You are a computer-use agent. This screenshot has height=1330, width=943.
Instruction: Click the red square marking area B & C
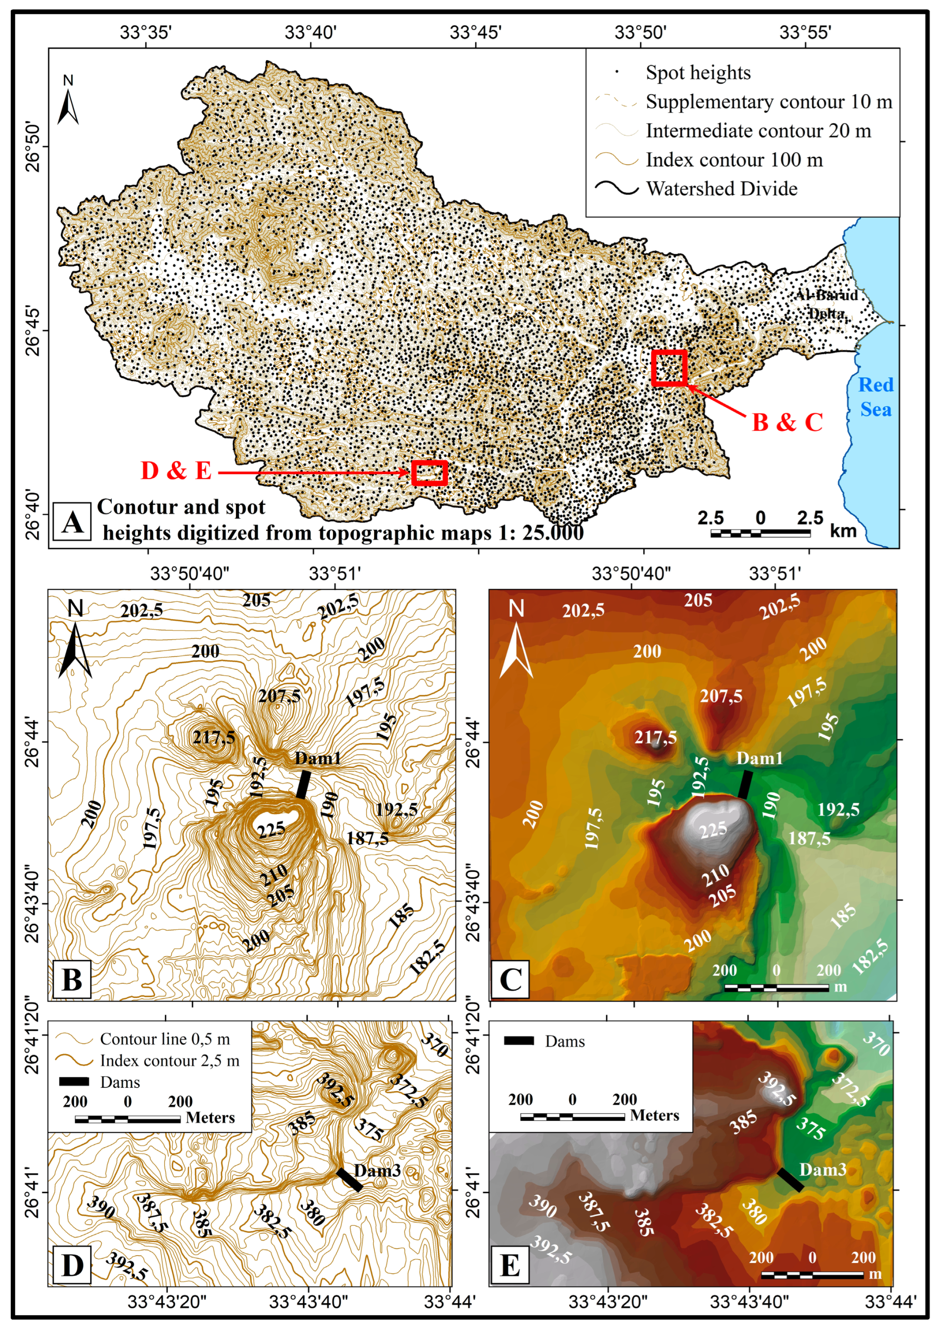(x=669, y=367)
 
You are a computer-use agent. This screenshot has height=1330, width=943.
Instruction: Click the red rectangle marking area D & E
(x=429, y=473)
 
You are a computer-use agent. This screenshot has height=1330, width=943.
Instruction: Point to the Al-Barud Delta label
(x=826, y=304)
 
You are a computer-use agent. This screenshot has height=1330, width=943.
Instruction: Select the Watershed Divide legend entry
(x=721, y=189)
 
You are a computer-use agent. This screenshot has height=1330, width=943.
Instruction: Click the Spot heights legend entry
(x=697, y=73)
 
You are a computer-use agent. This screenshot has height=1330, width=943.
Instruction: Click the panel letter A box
(x=72, y=521)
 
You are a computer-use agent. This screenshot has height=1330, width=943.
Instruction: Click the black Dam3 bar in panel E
(x=790, y=1180)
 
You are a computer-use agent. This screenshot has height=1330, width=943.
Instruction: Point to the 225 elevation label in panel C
(x=713, y=831)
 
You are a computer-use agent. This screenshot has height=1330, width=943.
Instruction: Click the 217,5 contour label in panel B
(x=214, y=737)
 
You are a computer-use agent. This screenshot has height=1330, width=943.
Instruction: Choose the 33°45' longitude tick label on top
(x=475, y=32)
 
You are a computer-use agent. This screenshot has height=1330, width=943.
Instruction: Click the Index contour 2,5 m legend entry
(x=169, y=1061)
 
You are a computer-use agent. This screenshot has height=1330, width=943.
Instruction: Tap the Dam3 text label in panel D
(x=377, y=1171)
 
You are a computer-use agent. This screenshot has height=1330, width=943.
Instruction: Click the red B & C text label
(x=787, y=422)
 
